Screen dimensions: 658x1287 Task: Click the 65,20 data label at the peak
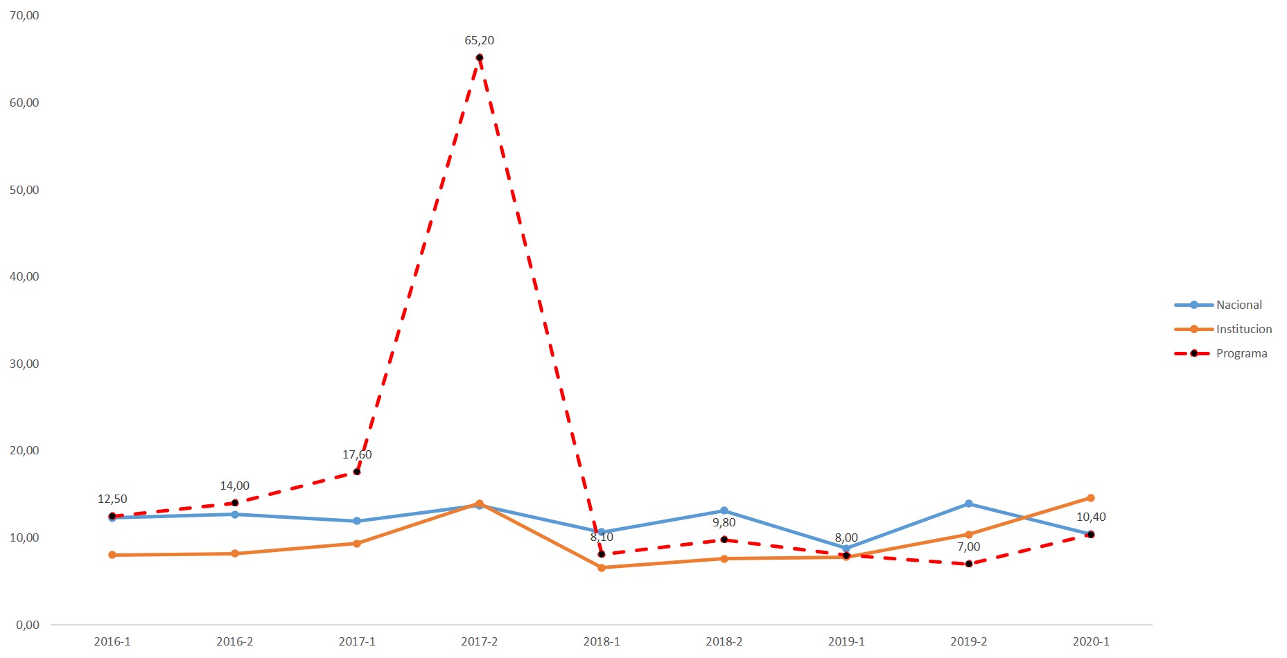479,40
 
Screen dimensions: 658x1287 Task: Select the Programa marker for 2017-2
479,57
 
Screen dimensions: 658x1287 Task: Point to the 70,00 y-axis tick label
24,15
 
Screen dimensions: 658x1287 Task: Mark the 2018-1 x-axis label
602,641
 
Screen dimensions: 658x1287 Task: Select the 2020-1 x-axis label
1091,641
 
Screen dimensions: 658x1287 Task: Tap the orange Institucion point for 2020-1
1091,498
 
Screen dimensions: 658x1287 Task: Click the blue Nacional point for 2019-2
968,504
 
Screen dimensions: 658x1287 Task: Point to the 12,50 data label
112,499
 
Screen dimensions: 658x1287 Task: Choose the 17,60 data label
357,454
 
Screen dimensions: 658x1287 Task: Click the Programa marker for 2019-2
968,564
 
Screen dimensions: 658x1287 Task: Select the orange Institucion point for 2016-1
112,555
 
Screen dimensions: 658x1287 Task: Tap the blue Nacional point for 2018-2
724,510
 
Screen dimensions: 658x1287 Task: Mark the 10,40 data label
1091,517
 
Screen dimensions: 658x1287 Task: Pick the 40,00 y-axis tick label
24,276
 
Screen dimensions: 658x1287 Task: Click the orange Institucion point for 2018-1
602,567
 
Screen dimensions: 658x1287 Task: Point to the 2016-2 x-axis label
234,641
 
